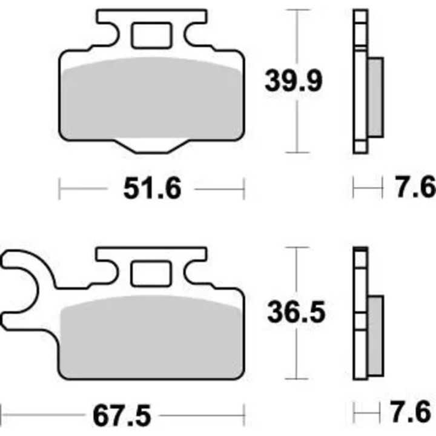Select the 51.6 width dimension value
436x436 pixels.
[x=152, y=190]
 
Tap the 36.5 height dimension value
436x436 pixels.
[x=296, y=313]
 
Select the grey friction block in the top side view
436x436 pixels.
[x=375, y=97]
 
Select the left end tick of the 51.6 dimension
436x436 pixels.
[x=59, y=189]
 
